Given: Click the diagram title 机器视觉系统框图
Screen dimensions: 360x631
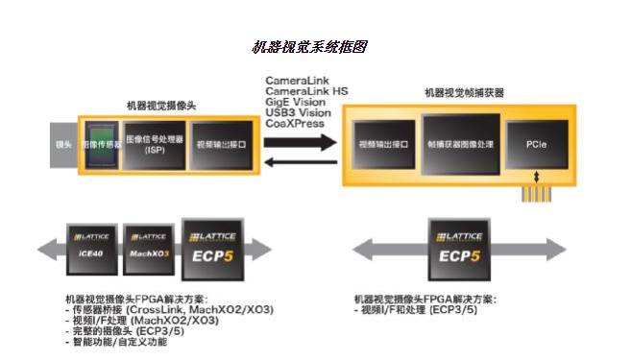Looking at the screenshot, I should coord(309,47).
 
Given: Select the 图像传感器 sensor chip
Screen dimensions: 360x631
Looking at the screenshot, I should coord(101,145).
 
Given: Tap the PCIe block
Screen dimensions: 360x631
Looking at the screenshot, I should coord(536,143).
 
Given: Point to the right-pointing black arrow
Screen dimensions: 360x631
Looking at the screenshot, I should coord(300,142).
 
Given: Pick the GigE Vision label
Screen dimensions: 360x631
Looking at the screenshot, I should coord(296,102).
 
